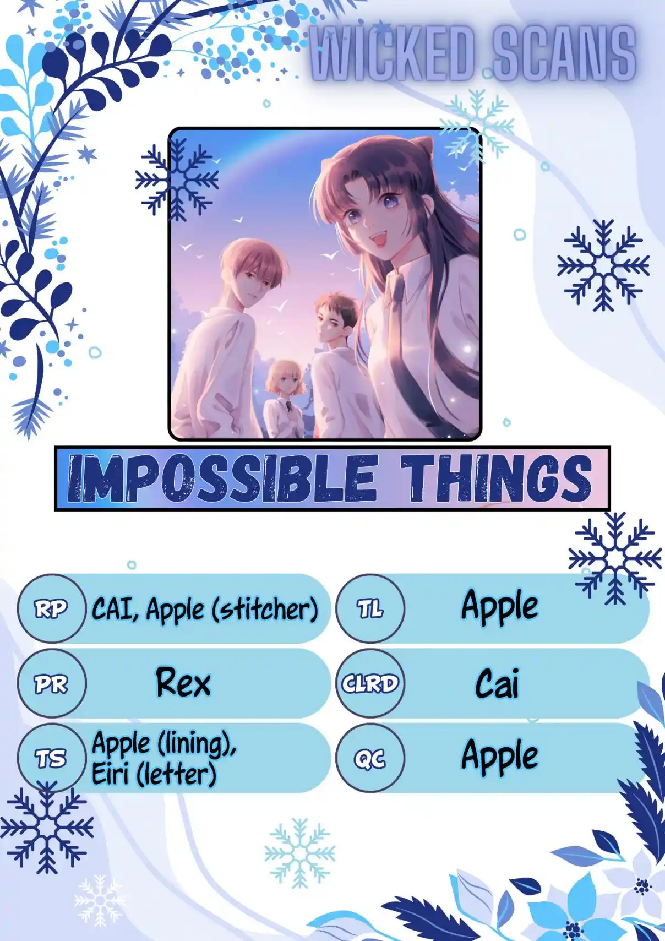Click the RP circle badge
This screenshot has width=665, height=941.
tap(52, 609)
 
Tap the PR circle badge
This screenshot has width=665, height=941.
tap(52, 683)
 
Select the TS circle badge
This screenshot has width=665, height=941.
tap(52, 758)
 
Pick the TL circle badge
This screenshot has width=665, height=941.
tap(370, 609)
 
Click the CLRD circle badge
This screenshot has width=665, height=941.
tap(370, 683)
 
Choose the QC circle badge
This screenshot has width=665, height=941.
tap(370, 758)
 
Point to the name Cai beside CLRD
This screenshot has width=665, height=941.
tap(498, 683)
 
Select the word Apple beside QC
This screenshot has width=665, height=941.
tap(499, 757)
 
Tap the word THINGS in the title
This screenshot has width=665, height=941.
tap(496, 478)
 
